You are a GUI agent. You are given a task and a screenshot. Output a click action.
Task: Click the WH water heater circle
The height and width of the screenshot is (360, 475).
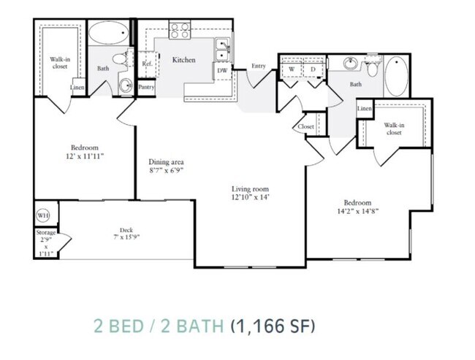point(42,216)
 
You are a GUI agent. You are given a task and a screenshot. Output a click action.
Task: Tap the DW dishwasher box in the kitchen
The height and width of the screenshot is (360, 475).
point(221,71)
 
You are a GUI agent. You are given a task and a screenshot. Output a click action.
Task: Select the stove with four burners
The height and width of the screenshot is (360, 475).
point(180,31)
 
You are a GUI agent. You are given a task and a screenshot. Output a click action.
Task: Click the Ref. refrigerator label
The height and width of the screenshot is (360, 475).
point(146,64)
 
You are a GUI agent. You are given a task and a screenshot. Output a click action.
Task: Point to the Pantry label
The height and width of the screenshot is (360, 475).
point(146,86)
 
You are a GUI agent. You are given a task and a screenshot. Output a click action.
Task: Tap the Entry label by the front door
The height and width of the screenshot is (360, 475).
point(259,66)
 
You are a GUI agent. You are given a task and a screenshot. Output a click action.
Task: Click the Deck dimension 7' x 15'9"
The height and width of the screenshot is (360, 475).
point(126,239)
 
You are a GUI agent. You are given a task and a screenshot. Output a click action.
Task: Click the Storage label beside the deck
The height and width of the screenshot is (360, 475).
point(45,232)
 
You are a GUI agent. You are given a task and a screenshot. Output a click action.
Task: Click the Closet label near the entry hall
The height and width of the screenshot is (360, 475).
point(305,126)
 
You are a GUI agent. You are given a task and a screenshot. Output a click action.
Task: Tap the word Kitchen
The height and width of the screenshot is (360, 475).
point(183,60)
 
